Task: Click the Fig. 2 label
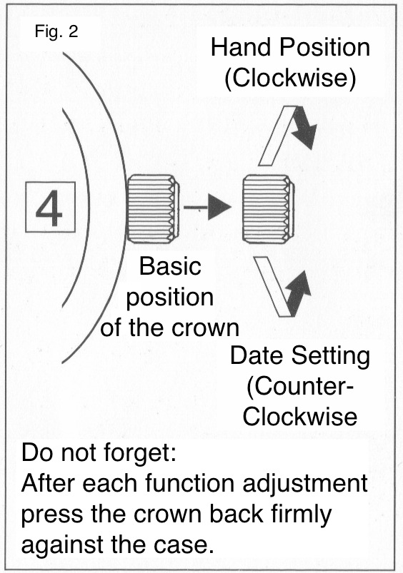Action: click(56, 31)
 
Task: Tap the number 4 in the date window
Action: click(49, 207)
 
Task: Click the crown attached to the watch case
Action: click(153, 208)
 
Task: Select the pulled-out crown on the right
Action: click(268, 208)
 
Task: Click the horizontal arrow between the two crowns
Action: click(207, 207)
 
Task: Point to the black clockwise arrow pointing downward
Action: click(304, 128)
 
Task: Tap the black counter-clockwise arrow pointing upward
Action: click(297, 293)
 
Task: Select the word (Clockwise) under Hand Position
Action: click(290, 78)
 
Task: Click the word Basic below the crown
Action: click(170, 266)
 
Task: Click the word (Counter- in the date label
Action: click(300, 387)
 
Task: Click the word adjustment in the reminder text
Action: click(305, 485)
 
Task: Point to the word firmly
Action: click(302, 515)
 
